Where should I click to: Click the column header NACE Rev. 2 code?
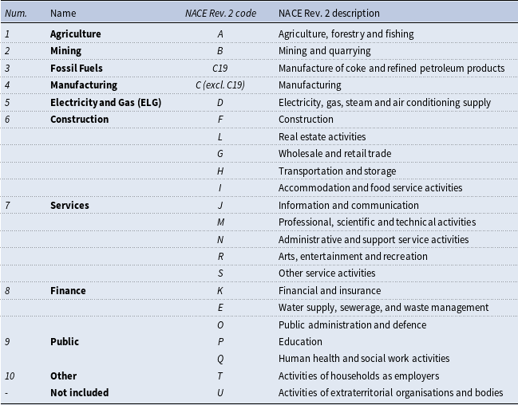point(220,14)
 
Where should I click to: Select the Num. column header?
point(16,14)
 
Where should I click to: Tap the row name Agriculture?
point(76,34)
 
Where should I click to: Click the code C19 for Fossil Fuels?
point(220,68)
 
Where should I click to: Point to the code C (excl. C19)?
point(220,85)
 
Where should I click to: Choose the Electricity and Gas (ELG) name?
point(105,102)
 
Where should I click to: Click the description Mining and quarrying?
point(324,51)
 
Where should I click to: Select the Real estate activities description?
point(322,136)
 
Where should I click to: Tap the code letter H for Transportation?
point(220,171)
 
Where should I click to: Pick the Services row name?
point(69,206)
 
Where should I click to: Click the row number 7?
point(8,206)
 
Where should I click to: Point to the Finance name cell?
point(68,290)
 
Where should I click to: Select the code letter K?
point(220,290)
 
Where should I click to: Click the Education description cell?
point(300,342)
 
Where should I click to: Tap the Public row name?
point(65,342)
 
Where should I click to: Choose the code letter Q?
point(220,359)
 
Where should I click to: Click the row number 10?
point(10,376)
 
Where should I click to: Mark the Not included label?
point(80,393)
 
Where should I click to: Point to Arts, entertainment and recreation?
point(353,257)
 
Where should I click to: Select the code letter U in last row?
point(220,393)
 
